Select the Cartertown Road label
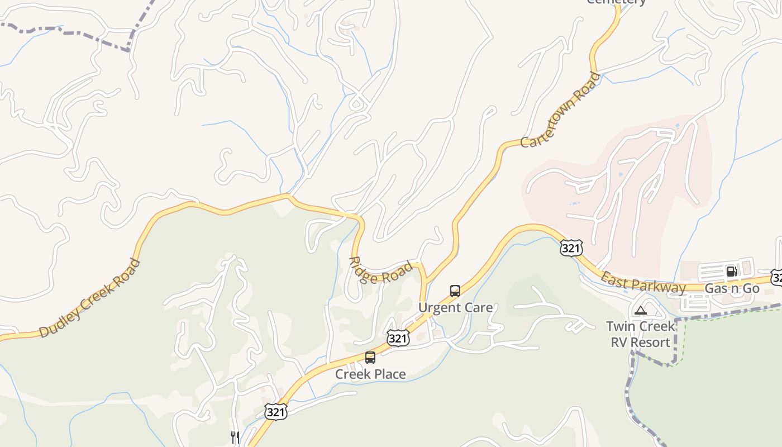(560, 110)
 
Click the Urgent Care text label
(455, 307)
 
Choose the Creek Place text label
(370, 374)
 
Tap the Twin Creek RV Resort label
(640, 334)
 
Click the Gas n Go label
(732, 288)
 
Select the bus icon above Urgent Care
(455, 291)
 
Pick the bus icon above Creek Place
(370, 358)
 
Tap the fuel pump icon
(731, 272)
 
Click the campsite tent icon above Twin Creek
(640, 311)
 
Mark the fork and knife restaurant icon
(235, 437)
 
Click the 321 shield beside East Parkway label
(571, 248)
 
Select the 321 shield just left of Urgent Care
(398, 338)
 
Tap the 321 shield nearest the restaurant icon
(276, 412)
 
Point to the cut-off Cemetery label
(616, 2)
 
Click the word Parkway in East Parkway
(660, 285)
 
